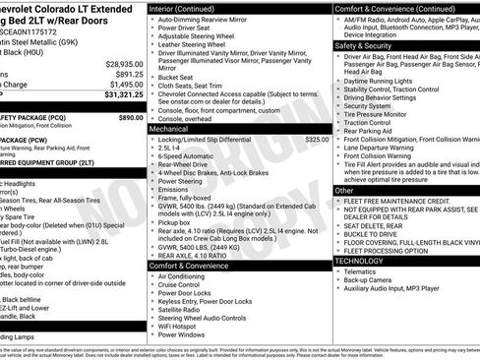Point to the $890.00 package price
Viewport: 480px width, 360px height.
click(131, 116)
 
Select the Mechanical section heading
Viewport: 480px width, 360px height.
click(169, 129)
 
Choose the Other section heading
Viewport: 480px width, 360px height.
click(344, 191)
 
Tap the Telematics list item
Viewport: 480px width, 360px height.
click(365, 273)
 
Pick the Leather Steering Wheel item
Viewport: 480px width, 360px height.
click(195, 43)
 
